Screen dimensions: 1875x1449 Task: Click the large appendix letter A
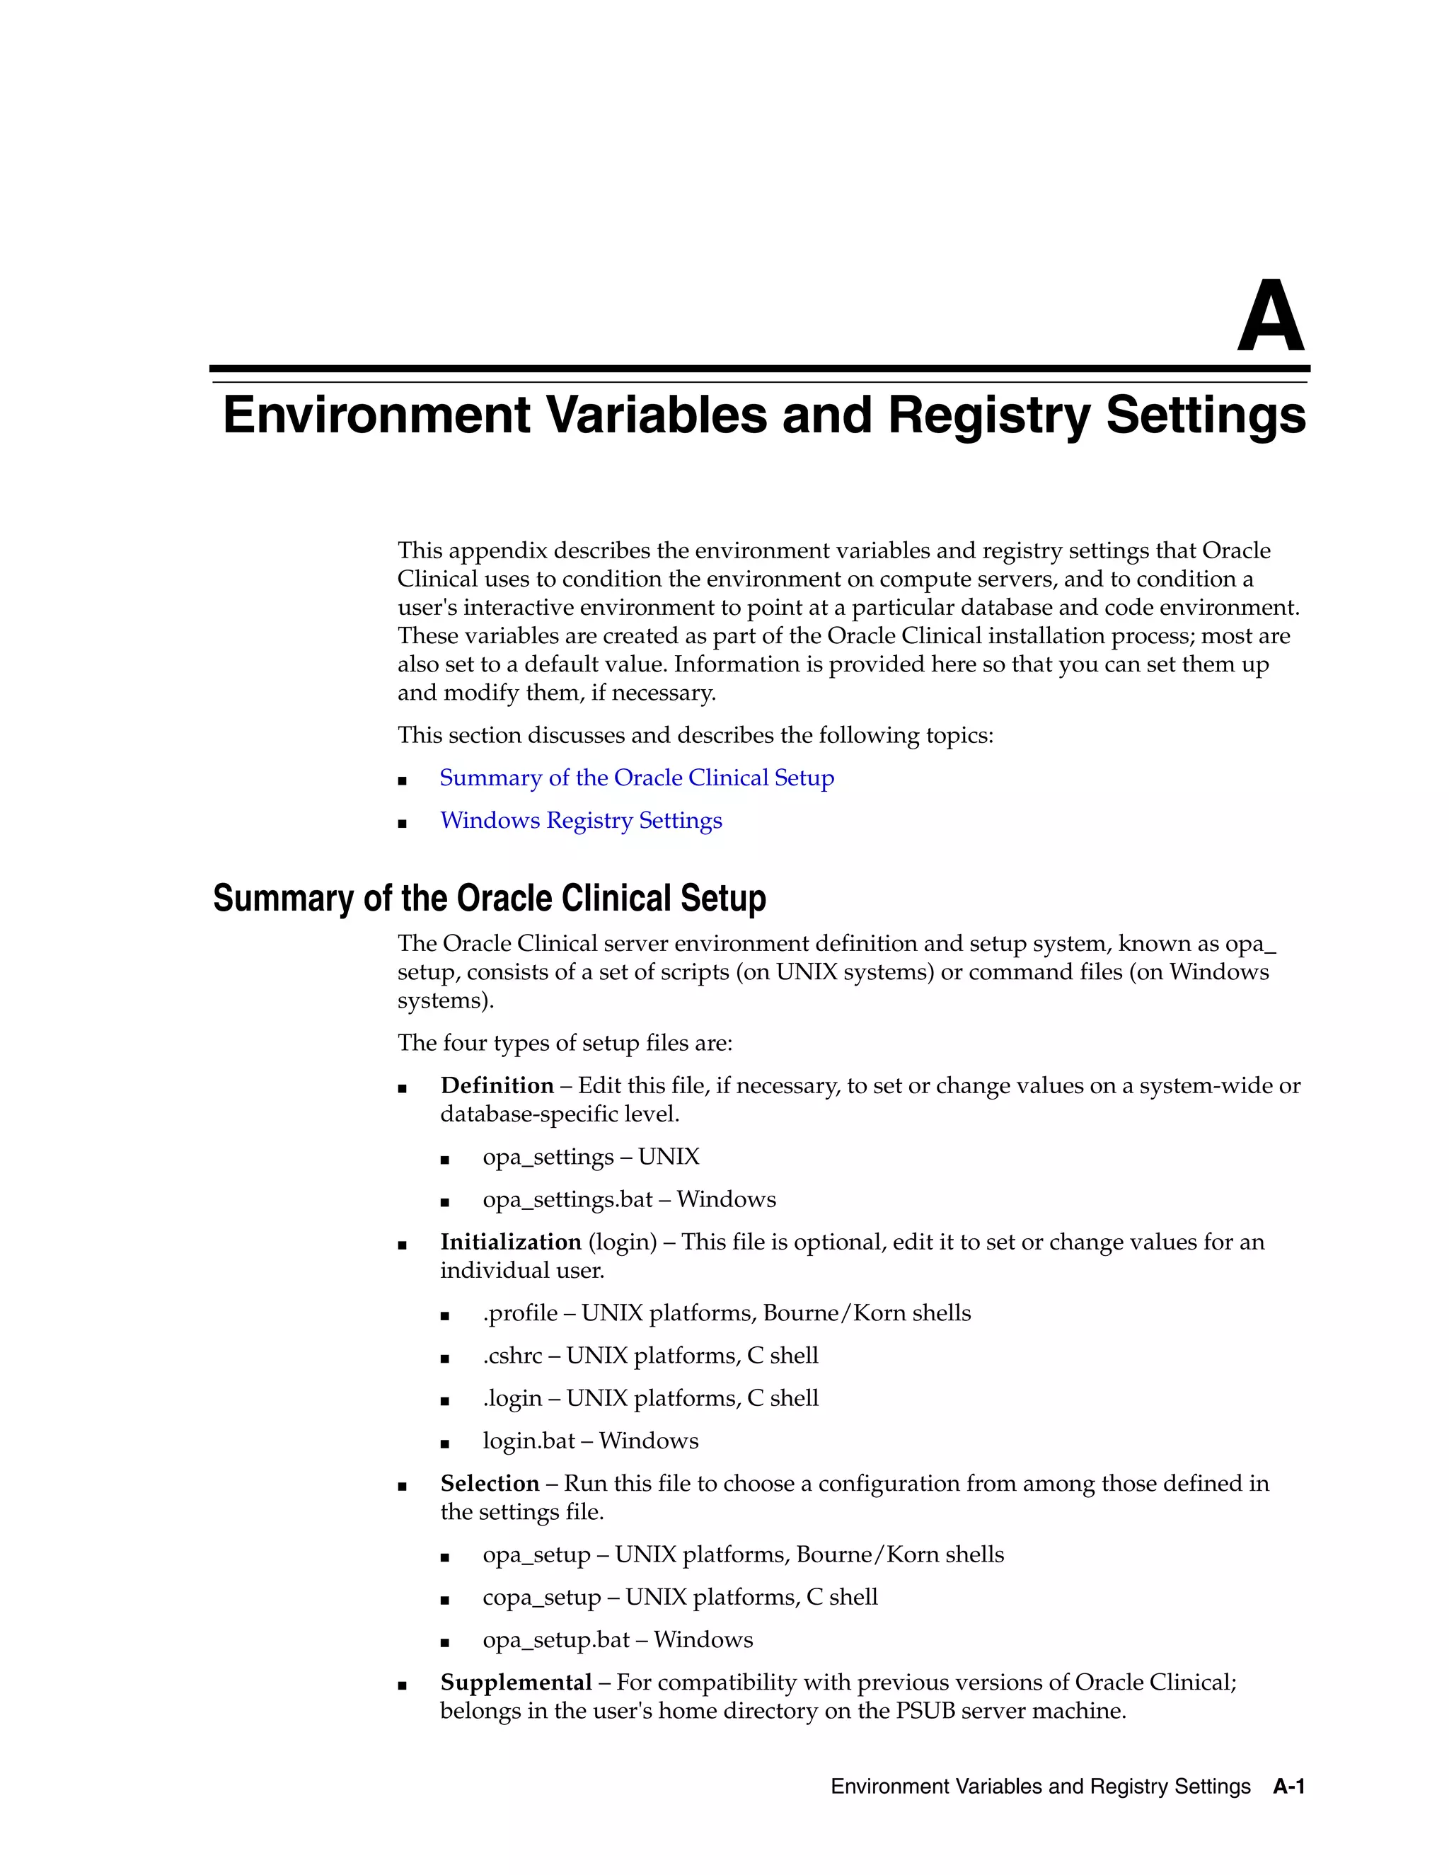tap(1271, 318)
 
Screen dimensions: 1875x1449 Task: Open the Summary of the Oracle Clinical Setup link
tap(636, 778)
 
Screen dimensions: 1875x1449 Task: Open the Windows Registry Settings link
tap(580, 821)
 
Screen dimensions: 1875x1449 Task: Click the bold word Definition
tap(496, 1086)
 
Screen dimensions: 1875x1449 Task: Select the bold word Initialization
tap(511, 1242)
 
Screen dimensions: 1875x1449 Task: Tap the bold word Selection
tap(490, 1484)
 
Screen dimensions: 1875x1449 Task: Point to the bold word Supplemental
tap(516, 1682)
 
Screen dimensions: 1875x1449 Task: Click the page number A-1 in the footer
tap(1288, 1787)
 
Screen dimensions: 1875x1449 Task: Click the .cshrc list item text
tap(512, 1356)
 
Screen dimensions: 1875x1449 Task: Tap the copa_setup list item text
tap(542, 1597)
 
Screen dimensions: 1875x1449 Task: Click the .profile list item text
tap(520, 1312)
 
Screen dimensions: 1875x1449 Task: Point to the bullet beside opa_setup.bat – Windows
tap(444, 1641)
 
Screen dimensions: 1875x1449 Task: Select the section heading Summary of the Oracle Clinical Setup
tap(490, 898)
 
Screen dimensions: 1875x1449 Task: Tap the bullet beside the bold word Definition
tap(402, 1087)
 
